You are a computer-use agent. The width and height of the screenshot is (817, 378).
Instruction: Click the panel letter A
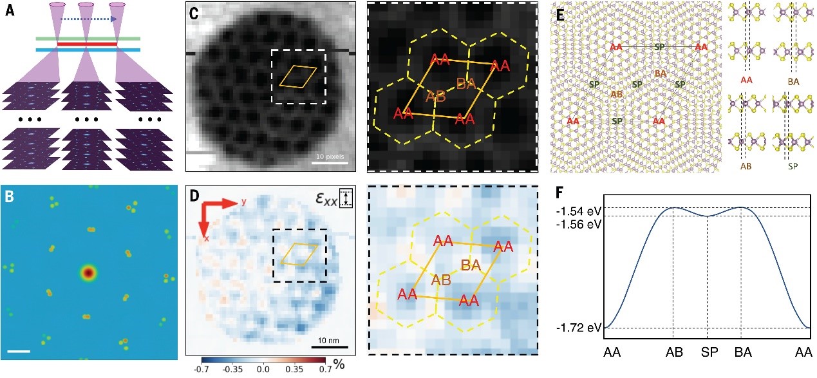coord(10,12)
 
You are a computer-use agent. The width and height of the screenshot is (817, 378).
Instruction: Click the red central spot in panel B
coord(88,273)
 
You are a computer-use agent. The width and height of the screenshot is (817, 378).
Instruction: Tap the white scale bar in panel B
coord(19,352)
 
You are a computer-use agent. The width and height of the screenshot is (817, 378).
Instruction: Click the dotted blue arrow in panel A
coord(88,19)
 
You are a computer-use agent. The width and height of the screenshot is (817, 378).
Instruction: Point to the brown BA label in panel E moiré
coord(659,73)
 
